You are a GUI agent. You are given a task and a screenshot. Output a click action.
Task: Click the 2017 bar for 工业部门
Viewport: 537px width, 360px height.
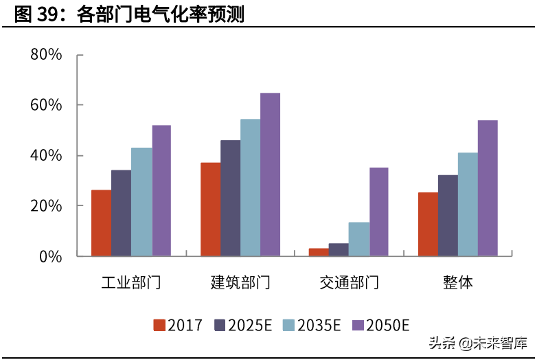coord(101,223)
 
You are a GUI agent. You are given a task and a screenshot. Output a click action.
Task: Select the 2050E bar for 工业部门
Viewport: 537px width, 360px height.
coord(161,190)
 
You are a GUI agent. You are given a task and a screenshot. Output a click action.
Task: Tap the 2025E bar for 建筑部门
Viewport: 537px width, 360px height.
coord(230,198)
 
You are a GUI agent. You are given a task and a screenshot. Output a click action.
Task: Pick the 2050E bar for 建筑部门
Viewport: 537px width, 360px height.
coord(270,175)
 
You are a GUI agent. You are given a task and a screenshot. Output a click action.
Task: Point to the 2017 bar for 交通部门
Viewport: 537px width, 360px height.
coord(319,252)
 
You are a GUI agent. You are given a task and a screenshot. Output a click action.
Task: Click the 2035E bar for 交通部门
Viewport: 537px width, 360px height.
coord(358,239)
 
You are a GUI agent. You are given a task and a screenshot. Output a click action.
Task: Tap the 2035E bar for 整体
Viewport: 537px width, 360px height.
coord(468,204)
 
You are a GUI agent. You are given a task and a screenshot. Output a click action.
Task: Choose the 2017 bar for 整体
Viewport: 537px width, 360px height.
coord(428,224)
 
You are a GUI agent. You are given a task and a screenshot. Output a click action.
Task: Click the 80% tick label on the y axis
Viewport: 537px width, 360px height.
coord(46,54)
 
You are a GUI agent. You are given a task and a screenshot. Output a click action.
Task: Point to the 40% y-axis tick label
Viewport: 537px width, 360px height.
coord(46,155)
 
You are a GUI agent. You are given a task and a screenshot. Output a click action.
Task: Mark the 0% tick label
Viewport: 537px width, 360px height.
coord(50,256)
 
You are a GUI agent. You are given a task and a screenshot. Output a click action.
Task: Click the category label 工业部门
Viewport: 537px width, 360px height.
coord(131,282)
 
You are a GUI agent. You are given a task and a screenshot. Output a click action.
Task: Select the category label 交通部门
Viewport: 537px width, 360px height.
coord(349,282)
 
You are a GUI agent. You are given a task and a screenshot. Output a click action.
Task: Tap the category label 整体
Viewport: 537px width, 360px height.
coord(458,282)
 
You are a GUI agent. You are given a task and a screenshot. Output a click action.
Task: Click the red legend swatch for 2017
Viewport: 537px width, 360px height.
coord(159,325)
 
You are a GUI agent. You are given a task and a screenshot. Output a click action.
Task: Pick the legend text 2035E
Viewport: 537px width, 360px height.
coord(318,325)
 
